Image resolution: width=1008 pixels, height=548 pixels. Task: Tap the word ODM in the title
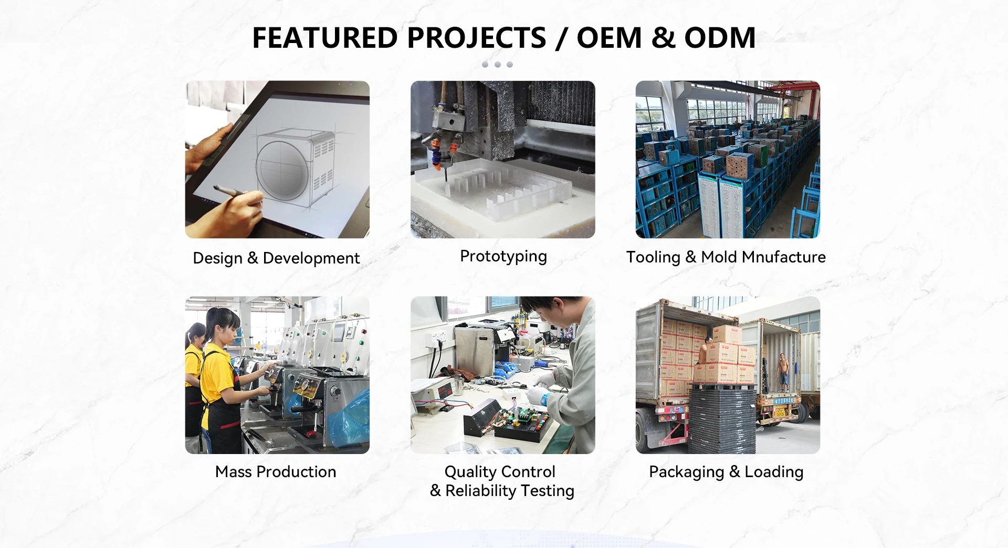(720, 38)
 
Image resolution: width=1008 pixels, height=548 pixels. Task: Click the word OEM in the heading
(609, 38)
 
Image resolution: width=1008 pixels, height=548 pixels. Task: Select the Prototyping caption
(503, 256)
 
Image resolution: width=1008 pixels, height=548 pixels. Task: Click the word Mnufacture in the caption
(784, 257)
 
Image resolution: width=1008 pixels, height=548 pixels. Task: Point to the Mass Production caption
(276, 471)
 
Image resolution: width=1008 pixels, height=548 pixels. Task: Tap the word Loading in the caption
(774, 472)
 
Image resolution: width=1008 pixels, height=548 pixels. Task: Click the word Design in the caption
(218, 258)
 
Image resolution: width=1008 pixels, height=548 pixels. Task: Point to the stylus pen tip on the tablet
(215, 187)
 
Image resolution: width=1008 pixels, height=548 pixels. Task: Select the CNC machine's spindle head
(447, 142)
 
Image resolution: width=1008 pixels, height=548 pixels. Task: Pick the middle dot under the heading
(498, 65)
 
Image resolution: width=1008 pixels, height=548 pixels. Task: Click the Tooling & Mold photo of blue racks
(728, 160)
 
